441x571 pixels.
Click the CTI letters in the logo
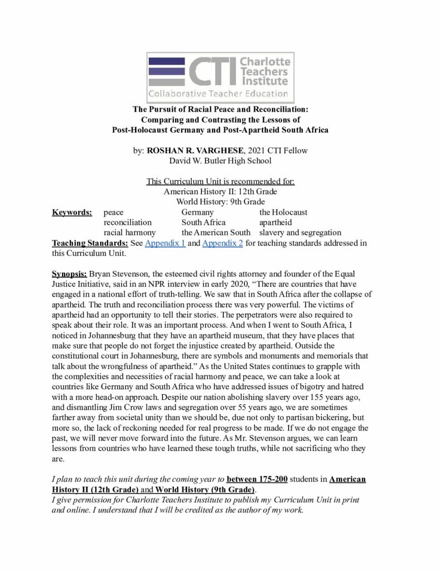click(212, 72)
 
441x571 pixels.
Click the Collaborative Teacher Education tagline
click(218, 93)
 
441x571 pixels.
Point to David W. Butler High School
click(220, 161)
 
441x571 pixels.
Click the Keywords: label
click(72, 212)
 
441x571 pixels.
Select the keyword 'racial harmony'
click(129, 233)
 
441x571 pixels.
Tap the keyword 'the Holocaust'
click(283, 212)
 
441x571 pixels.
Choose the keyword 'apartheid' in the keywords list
click(275, 222)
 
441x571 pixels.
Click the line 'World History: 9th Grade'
click(220, 202)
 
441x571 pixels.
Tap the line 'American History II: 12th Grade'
click(220, 192)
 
